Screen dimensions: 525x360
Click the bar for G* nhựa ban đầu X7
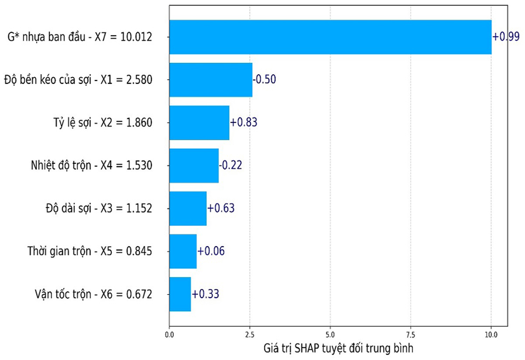pyautogui.click(x=330, y=37)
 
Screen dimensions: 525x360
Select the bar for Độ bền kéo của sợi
pyautogui.click(x=211, y=80)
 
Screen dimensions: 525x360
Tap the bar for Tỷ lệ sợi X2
pyautogui.click(x=199, y=123)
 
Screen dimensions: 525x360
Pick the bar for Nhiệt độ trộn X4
pyautogui.click(x=194, y=165)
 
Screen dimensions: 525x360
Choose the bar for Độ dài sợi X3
pyautogui.click(x=188, y=209)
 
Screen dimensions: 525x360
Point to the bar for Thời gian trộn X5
pyautogui.click(x=183, y=251)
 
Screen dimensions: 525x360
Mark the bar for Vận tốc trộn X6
pyautogui.click(x=180, y=294)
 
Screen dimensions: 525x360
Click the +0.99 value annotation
pyautogui.click(x=506, y=36)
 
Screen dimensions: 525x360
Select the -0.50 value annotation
pyautogui.click(x=264, y=79)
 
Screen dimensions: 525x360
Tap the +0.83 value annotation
pyautogui.click(x=244, y=122)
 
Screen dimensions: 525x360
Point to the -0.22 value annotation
pyautogui.click(x=230, y=165)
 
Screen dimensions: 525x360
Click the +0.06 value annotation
pyautogui.click(x=211, y=251)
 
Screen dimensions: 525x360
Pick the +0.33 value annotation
pyautogui.click(x=205, y=294)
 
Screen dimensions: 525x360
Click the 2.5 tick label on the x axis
pyautogui.click(x=250, y=335)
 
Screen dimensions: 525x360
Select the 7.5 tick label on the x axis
pyautogui.click(x=411, y=335)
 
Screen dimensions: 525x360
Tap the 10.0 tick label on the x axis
pyautogui.click(x=491, y=335)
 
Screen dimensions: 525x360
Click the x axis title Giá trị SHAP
pyautogui.click(x=338, y=349)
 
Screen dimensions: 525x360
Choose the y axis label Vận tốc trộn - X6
pyautogui.click(x=93, y=295)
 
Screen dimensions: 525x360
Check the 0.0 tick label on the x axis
pyautogui.click(x=169, y=335)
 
